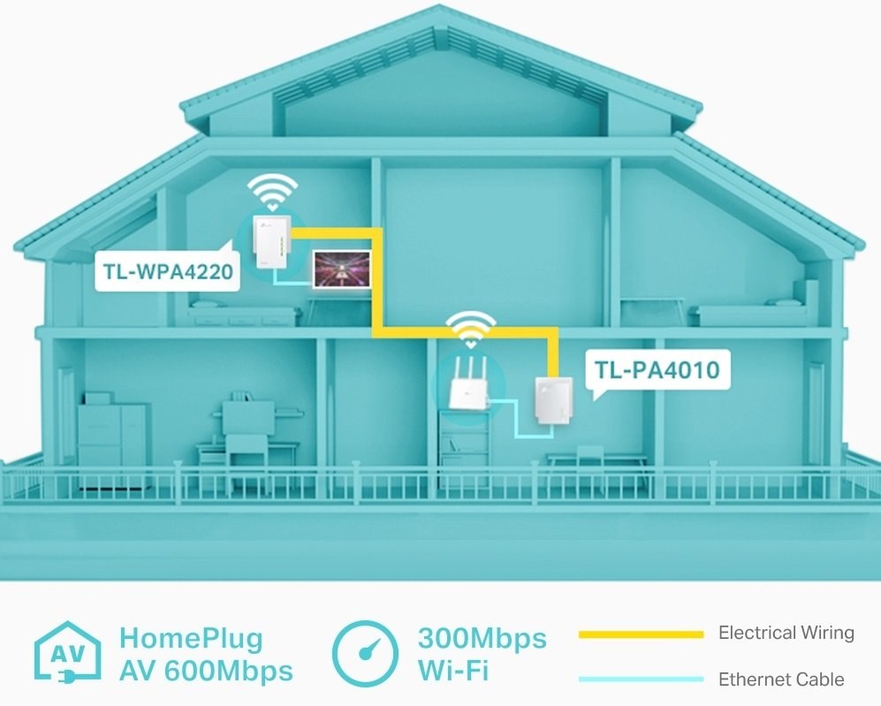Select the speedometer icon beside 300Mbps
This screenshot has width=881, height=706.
(x=364, y=655)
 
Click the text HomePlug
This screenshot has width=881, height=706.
(x=191, y=638)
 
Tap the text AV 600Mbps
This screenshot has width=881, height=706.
(x=205, y=672)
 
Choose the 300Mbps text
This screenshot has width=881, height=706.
(x=482, y=638)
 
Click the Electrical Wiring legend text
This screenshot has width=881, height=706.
(x=786, y=633)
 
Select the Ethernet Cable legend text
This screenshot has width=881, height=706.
(x=780, y=679)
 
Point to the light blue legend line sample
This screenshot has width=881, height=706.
(x=641, y=679)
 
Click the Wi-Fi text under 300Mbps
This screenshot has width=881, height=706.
(x=452, y=672)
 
